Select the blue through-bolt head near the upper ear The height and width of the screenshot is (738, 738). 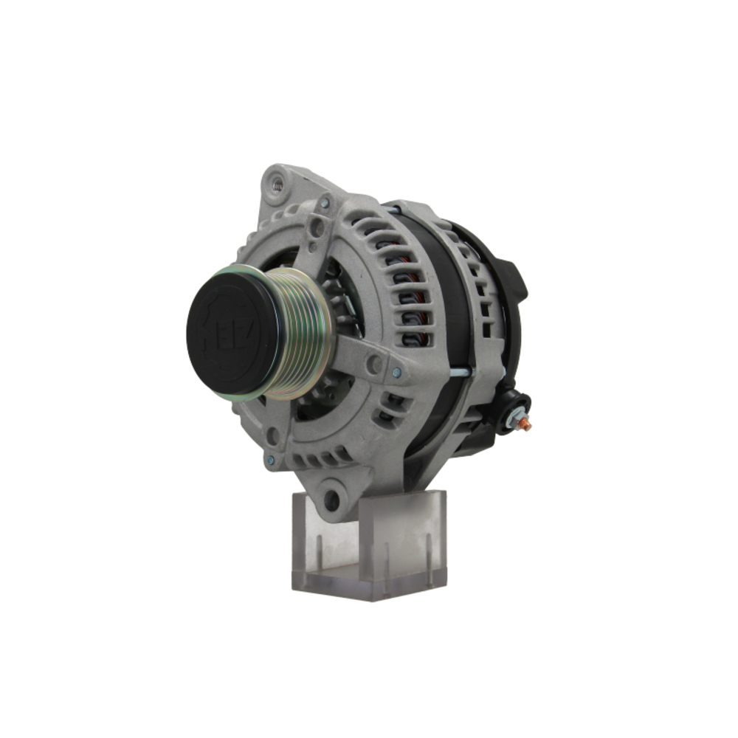click(x=325, y=201)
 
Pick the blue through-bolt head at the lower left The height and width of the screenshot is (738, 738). click(x=271, y=460)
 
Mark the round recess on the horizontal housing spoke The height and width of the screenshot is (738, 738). click(x=376, y=363)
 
